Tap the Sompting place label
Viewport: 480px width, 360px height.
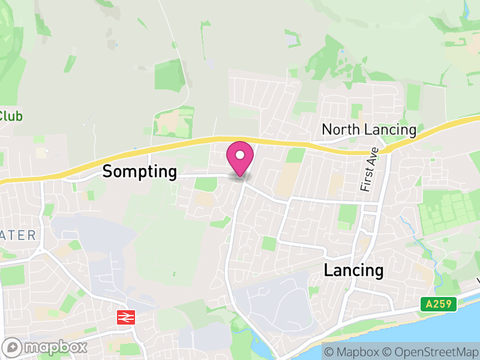[139, 172]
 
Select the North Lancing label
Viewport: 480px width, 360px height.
[368, 130]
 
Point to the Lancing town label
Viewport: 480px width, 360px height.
[353, 270]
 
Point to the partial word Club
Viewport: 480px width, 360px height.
[10, 116]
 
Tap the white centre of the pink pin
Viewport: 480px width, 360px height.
[239, 155]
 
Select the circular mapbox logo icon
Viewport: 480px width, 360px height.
[13, 347]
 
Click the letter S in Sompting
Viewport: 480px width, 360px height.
[107, 172]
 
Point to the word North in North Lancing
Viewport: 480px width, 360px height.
[339, 130]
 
